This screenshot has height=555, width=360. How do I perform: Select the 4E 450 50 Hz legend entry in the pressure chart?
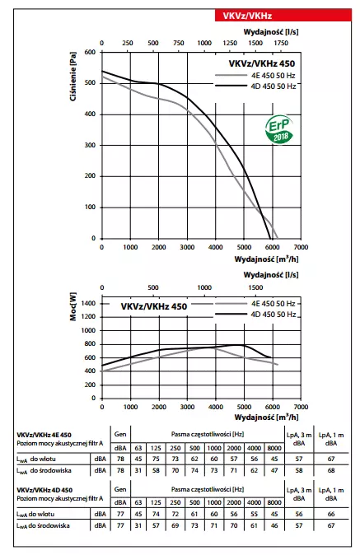coord(258,75)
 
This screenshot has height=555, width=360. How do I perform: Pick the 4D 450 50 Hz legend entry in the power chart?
coord(258,313)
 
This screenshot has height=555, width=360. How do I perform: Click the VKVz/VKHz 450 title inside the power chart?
coord(154,306)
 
